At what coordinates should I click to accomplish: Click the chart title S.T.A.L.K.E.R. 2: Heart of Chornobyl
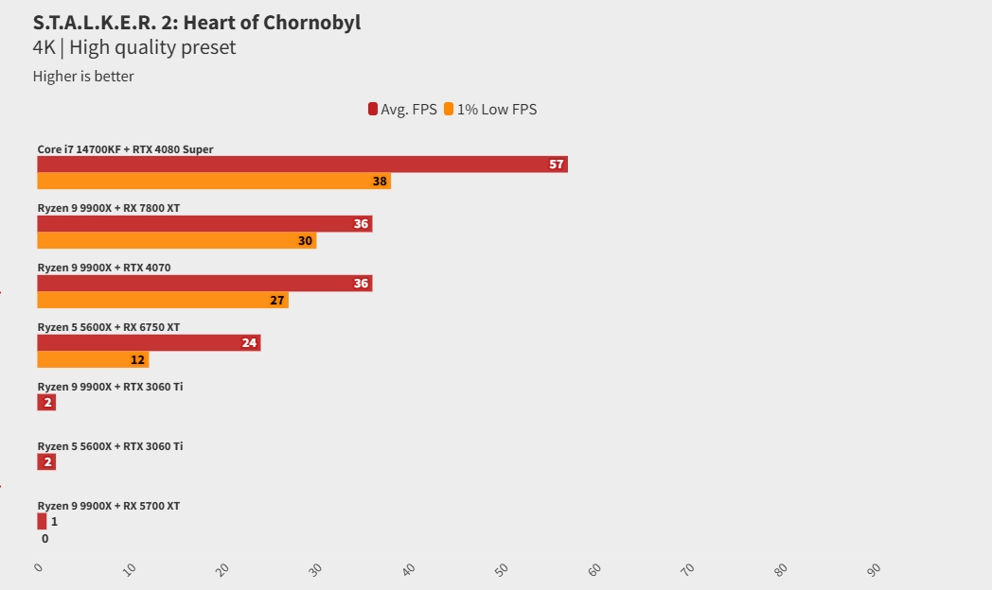pos(196,23)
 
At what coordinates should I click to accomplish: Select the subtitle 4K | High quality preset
pos(133,47)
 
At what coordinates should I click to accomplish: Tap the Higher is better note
pos(83,77)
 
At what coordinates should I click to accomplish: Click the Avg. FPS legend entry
pos(403,110)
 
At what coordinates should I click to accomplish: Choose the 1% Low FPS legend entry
pos(491,110)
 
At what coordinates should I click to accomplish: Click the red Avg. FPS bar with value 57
pos(302,165)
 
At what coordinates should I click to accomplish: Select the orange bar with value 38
pos(213,181)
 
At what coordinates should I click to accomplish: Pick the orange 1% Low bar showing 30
pos(176,240)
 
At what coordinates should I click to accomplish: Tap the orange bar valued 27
pos(162,300)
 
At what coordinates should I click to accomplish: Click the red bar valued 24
pos(149,342)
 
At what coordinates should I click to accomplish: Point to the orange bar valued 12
pos(93,359)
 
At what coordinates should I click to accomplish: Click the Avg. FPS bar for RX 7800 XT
pos(204,224)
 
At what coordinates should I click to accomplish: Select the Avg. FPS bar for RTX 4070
pos(204,284)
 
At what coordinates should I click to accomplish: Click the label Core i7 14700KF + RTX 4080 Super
pos(125,149)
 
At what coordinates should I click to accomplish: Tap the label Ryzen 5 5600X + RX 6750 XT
pos(108,327)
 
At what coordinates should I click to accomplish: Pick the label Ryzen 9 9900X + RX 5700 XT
pos(108,506)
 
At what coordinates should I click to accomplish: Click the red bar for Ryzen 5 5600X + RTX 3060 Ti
pos(46,461)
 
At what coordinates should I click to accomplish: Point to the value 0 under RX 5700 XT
pos(44,539)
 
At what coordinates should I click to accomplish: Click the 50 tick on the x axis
pos(503,568)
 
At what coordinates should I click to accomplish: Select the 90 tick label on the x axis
pos(874,568)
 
